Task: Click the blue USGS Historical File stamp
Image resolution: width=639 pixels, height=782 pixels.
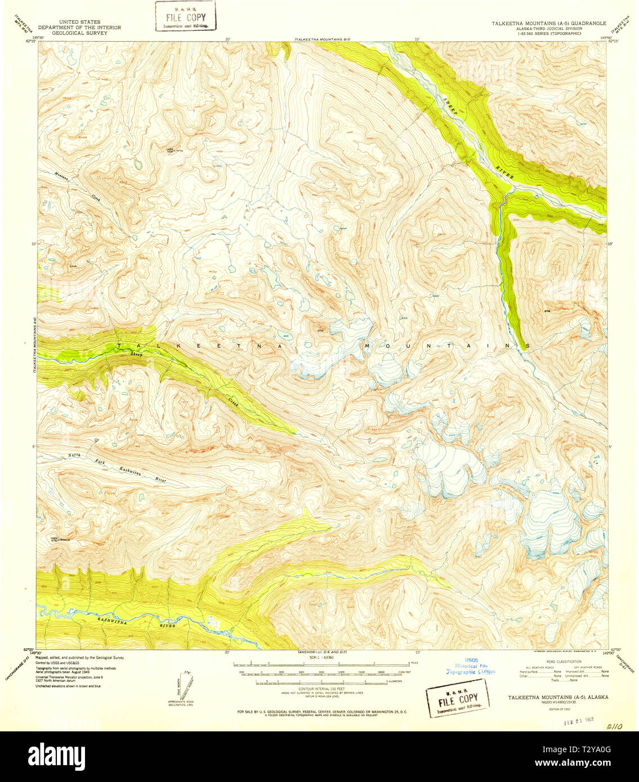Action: click(x=470, y=666)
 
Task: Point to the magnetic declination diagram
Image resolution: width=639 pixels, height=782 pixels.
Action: click(x=183, y=686)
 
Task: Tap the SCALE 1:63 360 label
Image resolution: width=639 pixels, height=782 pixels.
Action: click(x=321, y=657)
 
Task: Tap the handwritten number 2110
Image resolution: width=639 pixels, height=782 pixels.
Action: click(x=616, y=726)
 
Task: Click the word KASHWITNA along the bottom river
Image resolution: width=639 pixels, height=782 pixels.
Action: click(x=110, y=619)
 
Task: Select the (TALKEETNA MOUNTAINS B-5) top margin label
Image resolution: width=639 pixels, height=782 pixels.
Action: click(x=322, y=39)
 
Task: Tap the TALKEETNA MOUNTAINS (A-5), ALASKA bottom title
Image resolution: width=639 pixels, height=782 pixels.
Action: click(x=558, y=696)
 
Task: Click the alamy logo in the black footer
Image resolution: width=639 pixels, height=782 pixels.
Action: click(x=56, y=754)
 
